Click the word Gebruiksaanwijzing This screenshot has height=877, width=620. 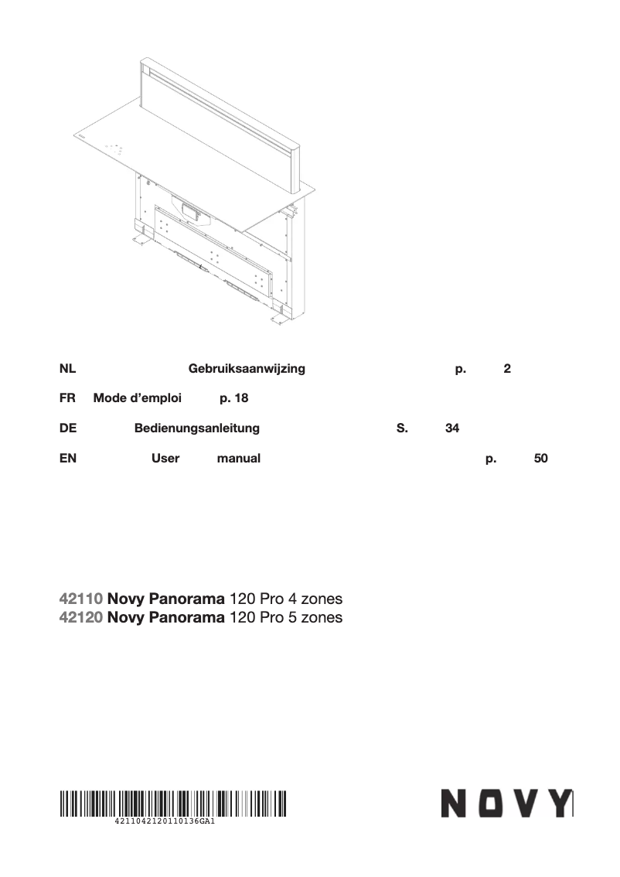pyautogui.click(x=247, y=369)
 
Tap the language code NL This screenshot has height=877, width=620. pyautogui.click(x=67, y=369)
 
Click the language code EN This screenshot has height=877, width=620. pyautogui.click(x=67, y=458)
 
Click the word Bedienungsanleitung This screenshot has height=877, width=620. pyautogui.click(x=196, y=428)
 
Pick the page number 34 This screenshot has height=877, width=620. pyautogui.click(x=452, y=428)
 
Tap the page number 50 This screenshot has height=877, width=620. pyautogui.click(x=541, y=458)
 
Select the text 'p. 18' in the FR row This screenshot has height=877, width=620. pyautogui.click(x=233, y=398)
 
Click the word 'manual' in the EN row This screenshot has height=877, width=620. pyautogui.click(x=238, y=458)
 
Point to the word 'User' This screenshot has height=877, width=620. pyautogui.click(x=165, y=458)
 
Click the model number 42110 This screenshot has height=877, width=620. pyautogui.click(x=81, y=599)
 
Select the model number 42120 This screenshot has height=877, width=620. pyautogui.click(x=81, y=617)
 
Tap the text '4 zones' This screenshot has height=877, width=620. pyautogui.click(x=315, y=599)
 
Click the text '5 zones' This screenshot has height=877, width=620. pyautogui.click(x=315, y=617)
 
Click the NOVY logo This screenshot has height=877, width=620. pyautogui.click(x=506, y=804)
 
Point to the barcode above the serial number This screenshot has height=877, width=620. pyautogui.click(x=173, y=803)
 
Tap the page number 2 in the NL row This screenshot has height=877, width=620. pyautogui.click(x=506, y=369)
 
